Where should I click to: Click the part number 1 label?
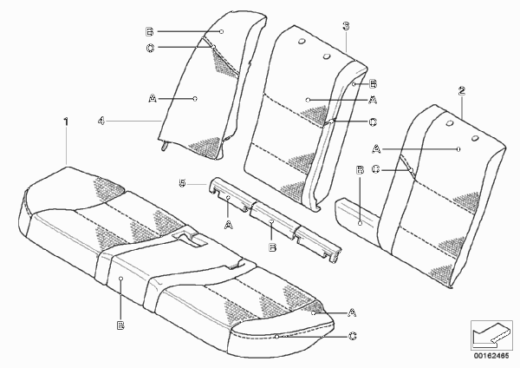pyautogui.click(x=66, y=122)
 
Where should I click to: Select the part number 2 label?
pyautogui.click(x=462, y=91)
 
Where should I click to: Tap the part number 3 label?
pyautogui.click(x=346, y=26)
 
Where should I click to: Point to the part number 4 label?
pyautogui.click(x=101, y=121)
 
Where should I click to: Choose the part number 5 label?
pyautogui.click(x=182, y=183)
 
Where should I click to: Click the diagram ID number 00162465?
pyautogui.click(x=491, y=356)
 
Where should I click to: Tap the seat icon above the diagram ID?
pyautogui.click(x=491, y=335)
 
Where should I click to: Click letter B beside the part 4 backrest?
pyautogui.click(x=150, y=32)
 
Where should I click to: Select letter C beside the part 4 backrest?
pyautogui.click(x=150, y=49)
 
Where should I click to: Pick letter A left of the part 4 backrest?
pyautogui.click(x=153, y=99)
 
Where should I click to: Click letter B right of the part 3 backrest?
pyautogui.click(x=373, y=84)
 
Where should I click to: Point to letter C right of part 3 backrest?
pyautogui.click(x=373, y=122)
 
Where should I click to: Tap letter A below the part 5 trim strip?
pyautogui.click(x=229, y=225)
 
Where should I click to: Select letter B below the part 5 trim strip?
pyautogui.click(x=272, y=247)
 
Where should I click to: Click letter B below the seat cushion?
pyautogui.click(x=120, y=325)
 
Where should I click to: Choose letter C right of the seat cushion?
pyautogui.click(x=353, y=337)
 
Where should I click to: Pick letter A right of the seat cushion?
pyautogui.click(x=352, y=312)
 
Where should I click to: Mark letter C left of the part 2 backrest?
pyautogui.click(x=375, y=169)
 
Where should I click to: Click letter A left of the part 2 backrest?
pyautogui.click(x=376, y=149)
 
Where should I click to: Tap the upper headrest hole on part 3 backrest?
pyautogui.click(x=302, y=41)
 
